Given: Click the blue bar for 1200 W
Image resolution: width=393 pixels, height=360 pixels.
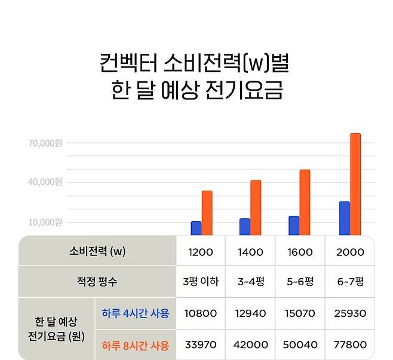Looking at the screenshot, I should [x=196, y=228].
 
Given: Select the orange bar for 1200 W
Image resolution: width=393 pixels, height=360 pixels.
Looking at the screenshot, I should [x=207, y=213].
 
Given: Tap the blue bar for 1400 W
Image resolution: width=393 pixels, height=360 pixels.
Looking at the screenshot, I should [x=245, y=227].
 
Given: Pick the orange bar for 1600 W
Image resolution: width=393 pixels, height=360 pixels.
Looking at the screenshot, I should [x=305, y=202].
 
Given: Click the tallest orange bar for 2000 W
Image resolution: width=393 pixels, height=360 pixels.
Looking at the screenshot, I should [x=355, y=184].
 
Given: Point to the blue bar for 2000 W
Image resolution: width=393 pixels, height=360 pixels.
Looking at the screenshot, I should [x=344, y=218].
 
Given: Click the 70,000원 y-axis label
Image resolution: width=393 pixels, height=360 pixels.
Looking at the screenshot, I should [x=45, y=143].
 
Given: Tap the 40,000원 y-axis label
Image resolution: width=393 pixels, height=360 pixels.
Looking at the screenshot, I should [x=45, y=182].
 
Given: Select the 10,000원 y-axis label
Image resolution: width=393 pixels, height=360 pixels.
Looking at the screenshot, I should [x=45, y=222].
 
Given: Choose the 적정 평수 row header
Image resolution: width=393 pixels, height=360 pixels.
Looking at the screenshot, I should [x=97, y=282].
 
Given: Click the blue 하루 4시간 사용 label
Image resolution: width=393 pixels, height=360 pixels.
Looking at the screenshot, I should [x=135, y=313].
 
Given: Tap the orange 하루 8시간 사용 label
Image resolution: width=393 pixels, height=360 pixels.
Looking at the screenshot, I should [x=135, y=345].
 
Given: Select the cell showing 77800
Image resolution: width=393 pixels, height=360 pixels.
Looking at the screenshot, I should [x=350, y=345].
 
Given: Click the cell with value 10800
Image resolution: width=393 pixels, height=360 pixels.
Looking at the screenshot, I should [x=200, y=313].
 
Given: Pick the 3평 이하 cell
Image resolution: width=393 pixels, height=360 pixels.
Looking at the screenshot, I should [x=200, y=282].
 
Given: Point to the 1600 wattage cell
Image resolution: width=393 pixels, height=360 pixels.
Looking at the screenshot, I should [x=300, y=252].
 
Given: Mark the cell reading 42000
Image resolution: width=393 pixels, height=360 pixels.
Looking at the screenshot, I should [x=250, y=345].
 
